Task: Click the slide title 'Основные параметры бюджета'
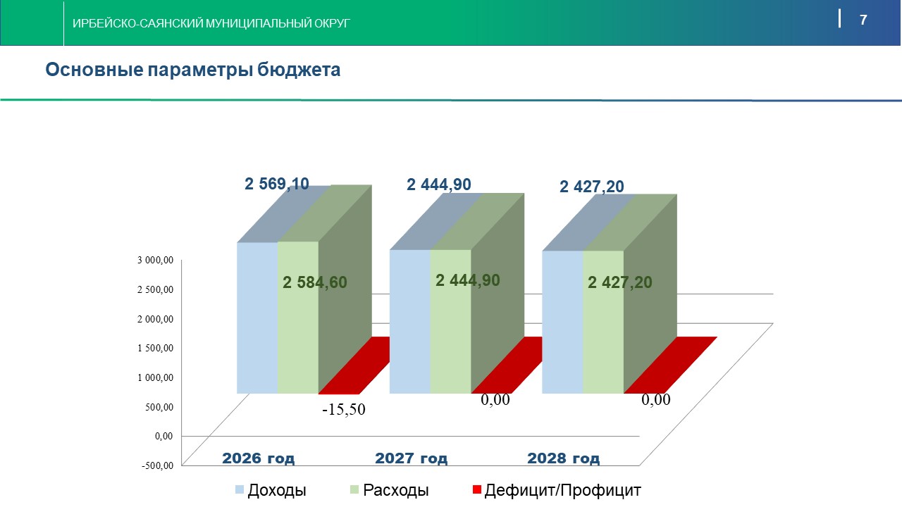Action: (193, 70)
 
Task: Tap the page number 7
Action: (863, 20)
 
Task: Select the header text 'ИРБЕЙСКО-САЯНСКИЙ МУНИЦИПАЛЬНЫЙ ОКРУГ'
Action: (211, 23)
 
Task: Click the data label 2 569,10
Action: (276, 184)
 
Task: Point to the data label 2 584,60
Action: (315, 282)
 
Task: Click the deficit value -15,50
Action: (344, 409)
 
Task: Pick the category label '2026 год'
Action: (259, 458)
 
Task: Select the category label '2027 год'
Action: (411, 458)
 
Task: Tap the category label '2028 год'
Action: (564, 458)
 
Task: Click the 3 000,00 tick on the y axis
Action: (156, 260)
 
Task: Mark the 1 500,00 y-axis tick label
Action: (156, 348)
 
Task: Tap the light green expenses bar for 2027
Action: (450, 338)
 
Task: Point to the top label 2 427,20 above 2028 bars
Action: (591, 187)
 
